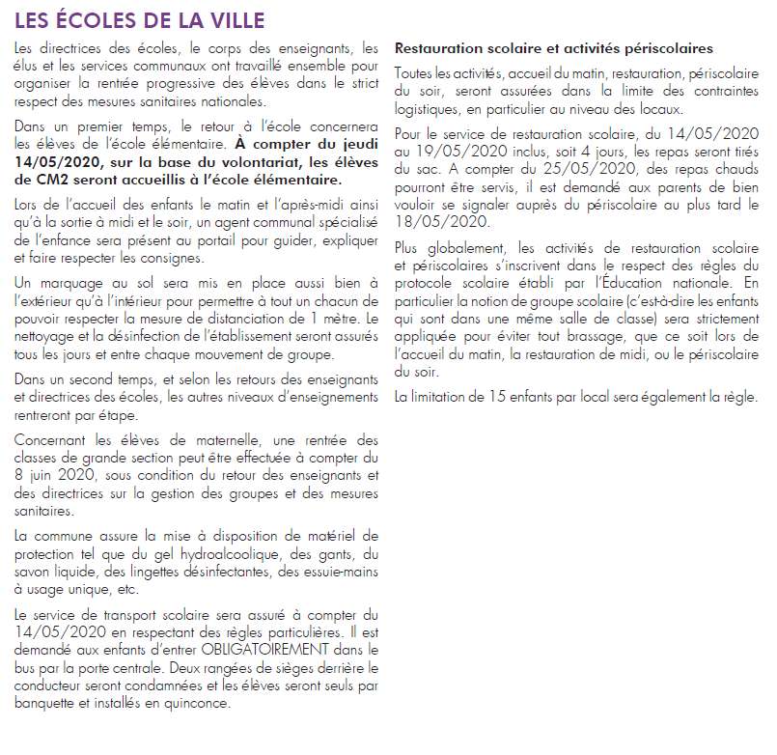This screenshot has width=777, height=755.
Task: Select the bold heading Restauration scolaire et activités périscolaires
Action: pos(554,47)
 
